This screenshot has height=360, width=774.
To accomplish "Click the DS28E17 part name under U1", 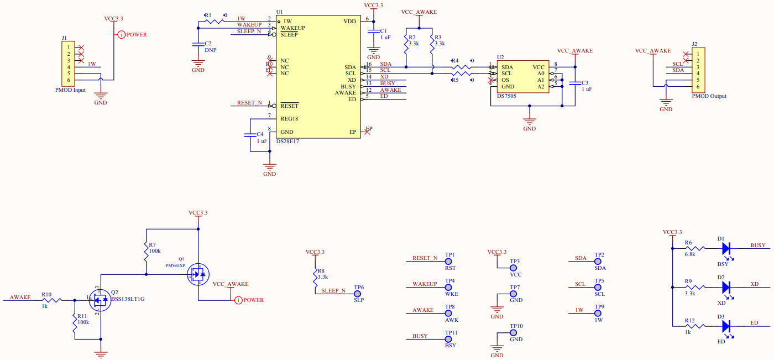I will (x=287, y=142).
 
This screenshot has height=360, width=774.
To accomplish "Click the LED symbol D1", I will (x=726, y=249).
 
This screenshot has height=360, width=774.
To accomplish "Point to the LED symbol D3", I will (x=726, y=326).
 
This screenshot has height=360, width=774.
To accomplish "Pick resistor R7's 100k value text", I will (x=155, y=251).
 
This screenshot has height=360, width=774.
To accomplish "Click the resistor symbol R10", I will (x=53, y=300).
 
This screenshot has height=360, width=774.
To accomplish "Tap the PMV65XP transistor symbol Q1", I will (x=197, y=273).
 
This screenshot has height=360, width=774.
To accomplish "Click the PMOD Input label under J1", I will (x=70, y=90).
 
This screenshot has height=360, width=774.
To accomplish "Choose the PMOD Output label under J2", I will (x=709, y=96).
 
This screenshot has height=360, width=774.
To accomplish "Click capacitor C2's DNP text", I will (x=210, y=50).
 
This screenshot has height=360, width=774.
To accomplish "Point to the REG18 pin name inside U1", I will (x=290, y=119).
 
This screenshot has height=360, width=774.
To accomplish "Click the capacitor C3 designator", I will (x=585, y=82).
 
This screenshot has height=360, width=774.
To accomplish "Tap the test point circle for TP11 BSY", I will (x=450, y=340).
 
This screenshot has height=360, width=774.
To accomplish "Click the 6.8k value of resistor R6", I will (x=689, y=254).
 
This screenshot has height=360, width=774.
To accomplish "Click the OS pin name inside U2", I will (x=505, y=80).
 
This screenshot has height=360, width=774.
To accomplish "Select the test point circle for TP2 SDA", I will (x=599, y=262).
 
